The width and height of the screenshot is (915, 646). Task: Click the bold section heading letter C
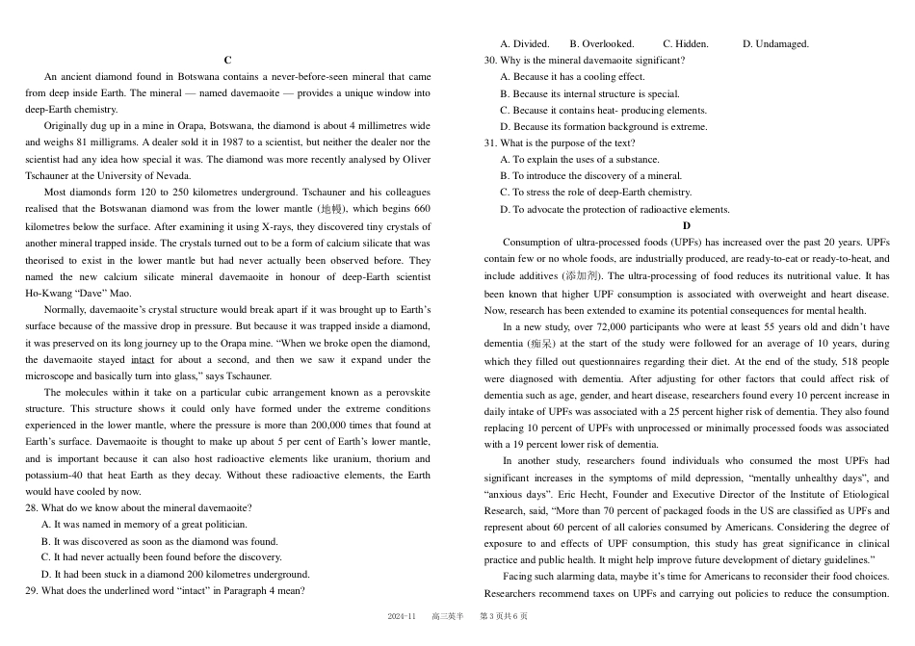(227, 60)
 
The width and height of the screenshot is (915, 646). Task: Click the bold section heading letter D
(687, 224)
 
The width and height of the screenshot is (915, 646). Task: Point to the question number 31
(490, 143)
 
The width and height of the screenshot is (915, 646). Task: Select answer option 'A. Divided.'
(524, 43)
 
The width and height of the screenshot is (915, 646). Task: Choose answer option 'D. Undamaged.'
(775, 43)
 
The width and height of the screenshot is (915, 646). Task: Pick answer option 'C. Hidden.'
(685, 43)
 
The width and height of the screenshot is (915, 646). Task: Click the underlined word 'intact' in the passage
(142, 360)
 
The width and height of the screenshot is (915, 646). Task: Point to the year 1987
(208, 142)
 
